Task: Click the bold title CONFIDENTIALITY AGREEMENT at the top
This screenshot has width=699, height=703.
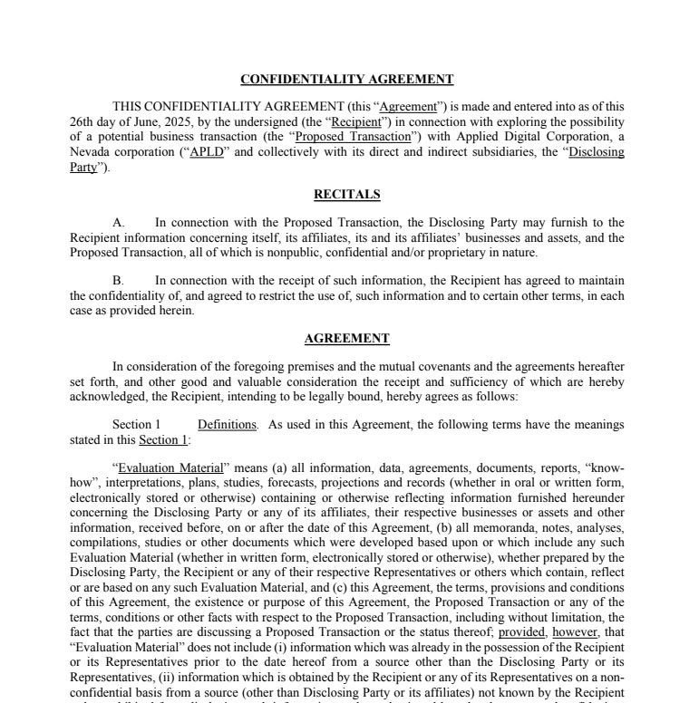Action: click(347, 80)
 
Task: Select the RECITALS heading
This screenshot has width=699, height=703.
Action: click(347, 194)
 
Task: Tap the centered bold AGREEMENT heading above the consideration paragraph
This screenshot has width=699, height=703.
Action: click(347, 339)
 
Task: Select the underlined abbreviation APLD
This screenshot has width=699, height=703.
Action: click(207, 152)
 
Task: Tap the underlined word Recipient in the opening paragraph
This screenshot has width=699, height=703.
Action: click(355, 121)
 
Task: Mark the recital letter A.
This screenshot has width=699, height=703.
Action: click(118, 223)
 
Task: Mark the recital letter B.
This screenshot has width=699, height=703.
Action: click(118, 281)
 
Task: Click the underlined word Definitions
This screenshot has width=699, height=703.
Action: click(227, 425)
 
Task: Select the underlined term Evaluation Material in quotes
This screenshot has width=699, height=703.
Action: click(170, 468)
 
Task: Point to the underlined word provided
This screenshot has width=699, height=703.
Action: click(521, 632)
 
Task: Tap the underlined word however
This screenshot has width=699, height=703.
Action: click(575, 632)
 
